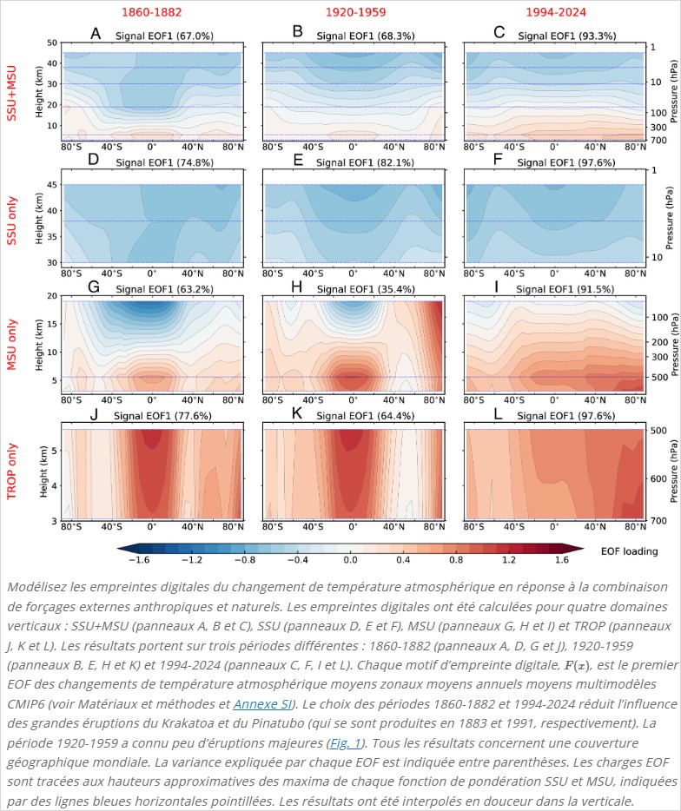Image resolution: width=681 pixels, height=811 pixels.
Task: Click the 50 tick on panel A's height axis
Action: click(51, 43)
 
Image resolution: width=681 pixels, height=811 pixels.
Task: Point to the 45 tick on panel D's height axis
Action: click(51, 184)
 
